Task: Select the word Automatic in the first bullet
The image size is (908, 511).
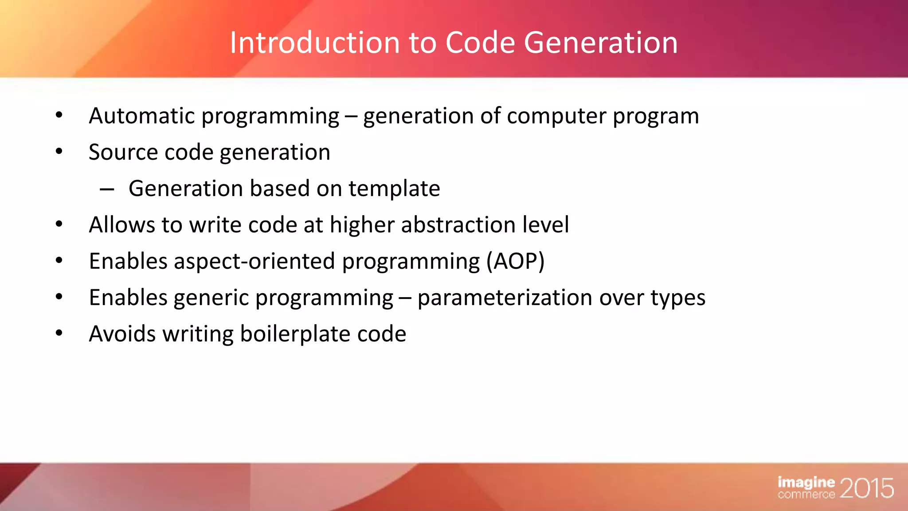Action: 142,116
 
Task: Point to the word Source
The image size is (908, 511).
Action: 123,153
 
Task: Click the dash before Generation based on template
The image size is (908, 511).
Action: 107,190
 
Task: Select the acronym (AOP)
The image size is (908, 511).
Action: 515,261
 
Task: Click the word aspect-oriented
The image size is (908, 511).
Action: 254,262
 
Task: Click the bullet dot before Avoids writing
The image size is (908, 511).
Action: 59,333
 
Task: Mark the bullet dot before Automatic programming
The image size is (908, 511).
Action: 59,115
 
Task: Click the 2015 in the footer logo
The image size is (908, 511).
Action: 866,488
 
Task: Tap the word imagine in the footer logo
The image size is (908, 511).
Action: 806,482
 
